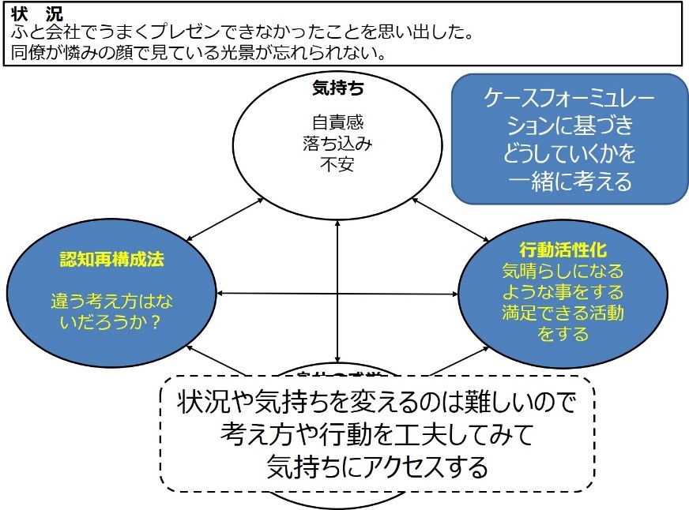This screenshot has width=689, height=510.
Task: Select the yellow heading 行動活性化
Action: [x=563, y=250]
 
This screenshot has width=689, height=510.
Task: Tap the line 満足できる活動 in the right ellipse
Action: [x=563, y=313]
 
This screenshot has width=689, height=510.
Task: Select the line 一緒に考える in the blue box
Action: [x=570, y=182]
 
